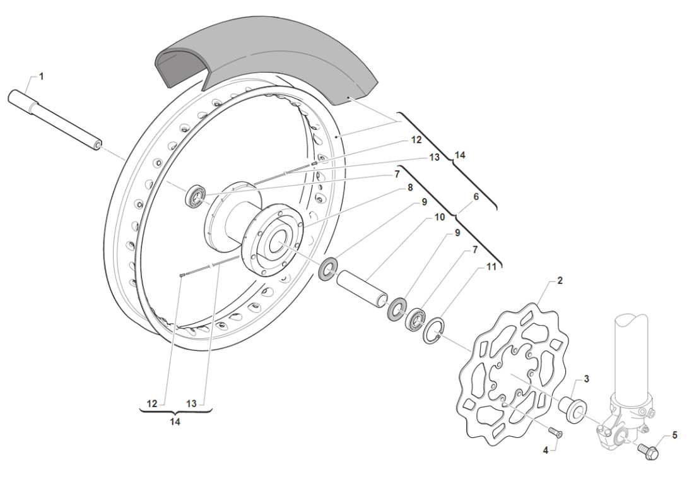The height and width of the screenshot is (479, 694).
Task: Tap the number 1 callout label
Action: (42, 76)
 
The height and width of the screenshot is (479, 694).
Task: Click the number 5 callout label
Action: (674, 435)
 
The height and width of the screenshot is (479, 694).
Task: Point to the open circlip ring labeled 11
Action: (434, 331)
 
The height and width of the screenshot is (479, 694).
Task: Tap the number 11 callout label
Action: (491, 267)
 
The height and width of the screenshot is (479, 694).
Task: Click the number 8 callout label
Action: (410, 187)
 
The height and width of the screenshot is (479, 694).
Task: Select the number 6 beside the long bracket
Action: (476, 196)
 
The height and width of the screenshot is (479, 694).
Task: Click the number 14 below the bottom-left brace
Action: (175, 422)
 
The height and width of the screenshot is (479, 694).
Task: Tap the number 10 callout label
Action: (439, 217)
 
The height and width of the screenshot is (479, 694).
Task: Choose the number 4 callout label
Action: (545, 450)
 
